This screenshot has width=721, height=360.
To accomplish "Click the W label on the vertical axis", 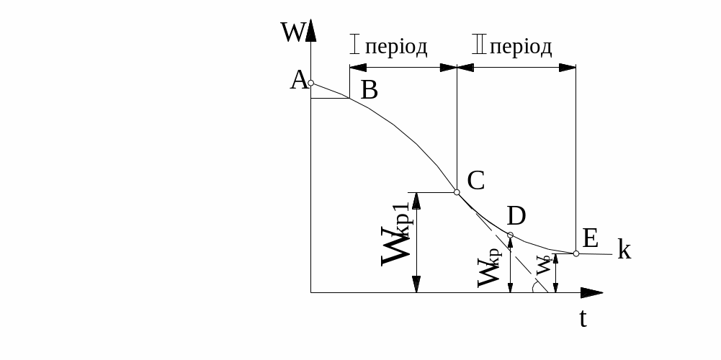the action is pyautogui.click(x=292, y=32).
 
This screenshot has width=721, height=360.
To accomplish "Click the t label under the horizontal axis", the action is pyautogui.click(x=583, y=318).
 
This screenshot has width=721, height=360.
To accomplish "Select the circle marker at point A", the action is pyautogui.click(x=311, y=83).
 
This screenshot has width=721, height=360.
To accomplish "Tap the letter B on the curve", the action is pyautogui.click(x=370, y=90).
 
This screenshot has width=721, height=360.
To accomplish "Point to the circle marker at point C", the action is pyautogui.click(x=457, y=192).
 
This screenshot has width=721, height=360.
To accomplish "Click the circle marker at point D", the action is pyautogui.click(x=510, y=235).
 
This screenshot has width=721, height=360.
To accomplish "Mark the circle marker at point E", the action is pyautogui.click(x=576, y=253).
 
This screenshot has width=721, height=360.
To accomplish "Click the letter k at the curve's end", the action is pyautogui.click(x=624, y=250).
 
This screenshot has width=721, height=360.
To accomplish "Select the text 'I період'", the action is pyautogui.click(x=388, y=46).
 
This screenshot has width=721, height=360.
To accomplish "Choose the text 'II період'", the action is pyautogui.click(x=512, y=46).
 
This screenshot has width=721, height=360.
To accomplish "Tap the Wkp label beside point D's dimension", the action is pyautogui.click(x=489, y=267).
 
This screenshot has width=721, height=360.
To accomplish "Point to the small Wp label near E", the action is pyautogui.click(x=544, y=266).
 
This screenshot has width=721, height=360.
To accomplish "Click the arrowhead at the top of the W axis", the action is pyautogui.click(x=311, y=30).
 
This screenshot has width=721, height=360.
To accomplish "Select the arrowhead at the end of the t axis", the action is pyautogui.click(x=592, y=292).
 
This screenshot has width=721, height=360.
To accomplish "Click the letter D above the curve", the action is pyautogui.click(x=516, y=216).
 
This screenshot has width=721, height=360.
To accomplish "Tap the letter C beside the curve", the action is pyautogui.click(x=476, y=181).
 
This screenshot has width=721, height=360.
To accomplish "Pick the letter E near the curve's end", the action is pyautogui.click(x=590, y=239).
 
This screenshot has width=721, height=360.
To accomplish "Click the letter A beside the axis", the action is pyautogui.click(x=299, y=81).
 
